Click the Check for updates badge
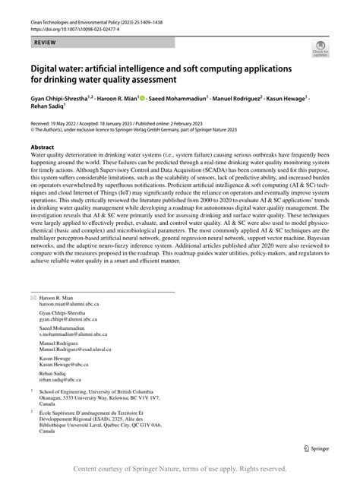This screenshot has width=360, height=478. (x=321, y=52)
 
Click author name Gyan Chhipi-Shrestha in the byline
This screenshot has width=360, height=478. (x=62, y=99)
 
